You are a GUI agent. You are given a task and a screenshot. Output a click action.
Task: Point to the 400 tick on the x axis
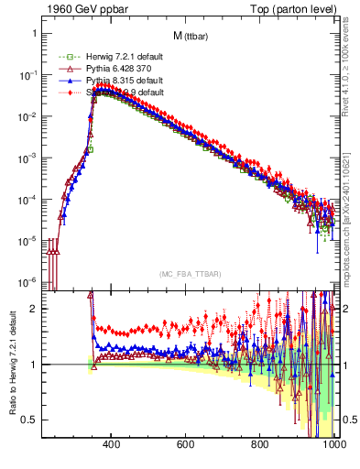pyautogui.click(x=112, y=446)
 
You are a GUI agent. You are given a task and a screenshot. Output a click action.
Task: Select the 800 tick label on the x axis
pyautogui.click(x=260, y=446)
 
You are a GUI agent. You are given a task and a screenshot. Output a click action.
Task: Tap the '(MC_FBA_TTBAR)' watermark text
pyautogui.click(x=190, y=275)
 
